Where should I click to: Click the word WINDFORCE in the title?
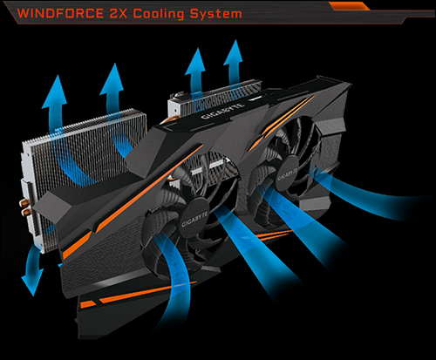60,14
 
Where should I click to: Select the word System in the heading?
216,14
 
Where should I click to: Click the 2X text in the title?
119,14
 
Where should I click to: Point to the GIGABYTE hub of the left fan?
194,220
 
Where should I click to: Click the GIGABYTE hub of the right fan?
288,173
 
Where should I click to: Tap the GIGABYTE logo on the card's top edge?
222,111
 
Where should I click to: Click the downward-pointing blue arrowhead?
32,282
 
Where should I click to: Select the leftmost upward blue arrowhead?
55,92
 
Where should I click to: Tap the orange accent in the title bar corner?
349,6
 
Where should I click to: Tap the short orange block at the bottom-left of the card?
88,304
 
